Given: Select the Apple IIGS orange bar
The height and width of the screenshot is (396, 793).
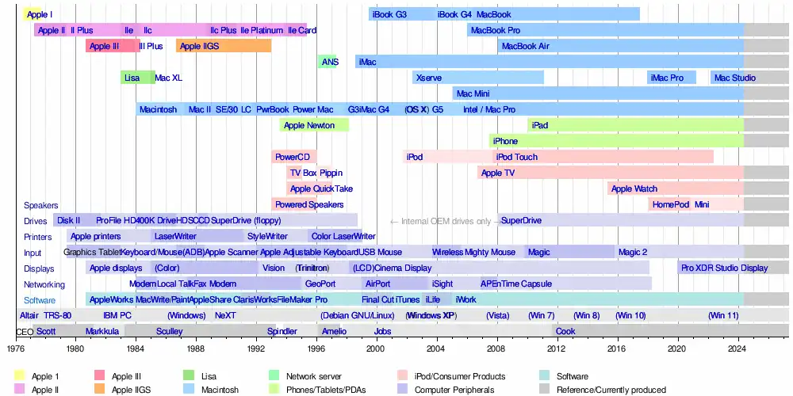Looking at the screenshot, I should point(224,46).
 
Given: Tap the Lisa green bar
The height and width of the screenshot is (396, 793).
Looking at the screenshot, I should point(137,78).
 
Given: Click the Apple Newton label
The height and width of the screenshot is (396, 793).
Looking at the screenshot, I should point(309,125).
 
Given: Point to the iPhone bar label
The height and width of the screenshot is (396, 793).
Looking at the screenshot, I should point(505,141).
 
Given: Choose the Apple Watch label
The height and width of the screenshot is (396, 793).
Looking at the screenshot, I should point(634,188).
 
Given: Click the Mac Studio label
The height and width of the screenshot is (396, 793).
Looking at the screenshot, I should point(734,78).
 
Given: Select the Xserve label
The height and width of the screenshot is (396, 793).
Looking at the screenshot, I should point(429,78).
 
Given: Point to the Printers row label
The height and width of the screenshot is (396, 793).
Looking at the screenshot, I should point(37,237).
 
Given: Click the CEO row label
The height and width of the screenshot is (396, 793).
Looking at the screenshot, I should point(25,332).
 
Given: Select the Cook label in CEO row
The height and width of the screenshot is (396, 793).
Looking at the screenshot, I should point(565,332).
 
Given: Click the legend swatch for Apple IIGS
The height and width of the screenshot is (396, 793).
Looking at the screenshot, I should point(101,390).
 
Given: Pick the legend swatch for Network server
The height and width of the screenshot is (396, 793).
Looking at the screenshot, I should point(274,377).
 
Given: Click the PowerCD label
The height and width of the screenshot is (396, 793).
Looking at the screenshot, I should point(293,157).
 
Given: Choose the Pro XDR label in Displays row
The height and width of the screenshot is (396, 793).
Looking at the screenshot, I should point(698,268).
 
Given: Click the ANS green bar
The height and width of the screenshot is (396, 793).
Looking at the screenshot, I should point(327,62).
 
